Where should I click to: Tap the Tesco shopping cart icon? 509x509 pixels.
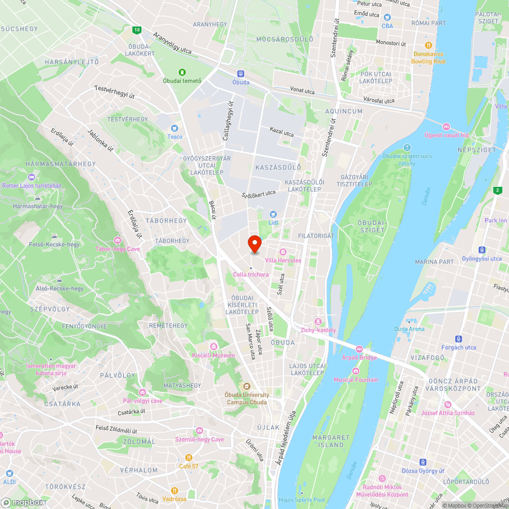coord(175,128)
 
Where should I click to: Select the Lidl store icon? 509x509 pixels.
coord(273,214)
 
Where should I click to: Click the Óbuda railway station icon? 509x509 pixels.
coord(241,74)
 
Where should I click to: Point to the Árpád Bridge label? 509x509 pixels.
coord(359,357)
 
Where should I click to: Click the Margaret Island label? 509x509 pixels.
coord(331,441)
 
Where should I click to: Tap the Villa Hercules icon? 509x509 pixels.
coord(282,252)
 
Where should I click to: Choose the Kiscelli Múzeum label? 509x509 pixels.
coord(213,355)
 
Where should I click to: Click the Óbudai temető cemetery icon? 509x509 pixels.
coord(182,72)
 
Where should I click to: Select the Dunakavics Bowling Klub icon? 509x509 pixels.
coord(429,45)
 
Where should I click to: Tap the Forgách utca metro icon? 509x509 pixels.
coord(459,339)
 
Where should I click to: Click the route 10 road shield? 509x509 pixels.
coord(136,30)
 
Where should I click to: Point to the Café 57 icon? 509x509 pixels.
coord(188,458)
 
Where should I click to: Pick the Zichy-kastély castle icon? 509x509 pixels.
coord(318,322)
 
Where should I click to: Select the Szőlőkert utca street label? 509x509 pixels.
coord(259,193)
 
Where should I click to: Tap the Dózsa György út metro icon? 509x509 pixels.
coord(422,462)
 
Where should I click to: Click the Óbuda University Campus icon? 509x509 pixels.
coord(247,386)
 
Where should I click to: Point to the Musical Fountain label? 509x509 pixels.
coord(356,380)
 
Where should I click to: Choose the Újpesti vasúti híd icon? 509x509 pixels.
coord(446,127)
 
